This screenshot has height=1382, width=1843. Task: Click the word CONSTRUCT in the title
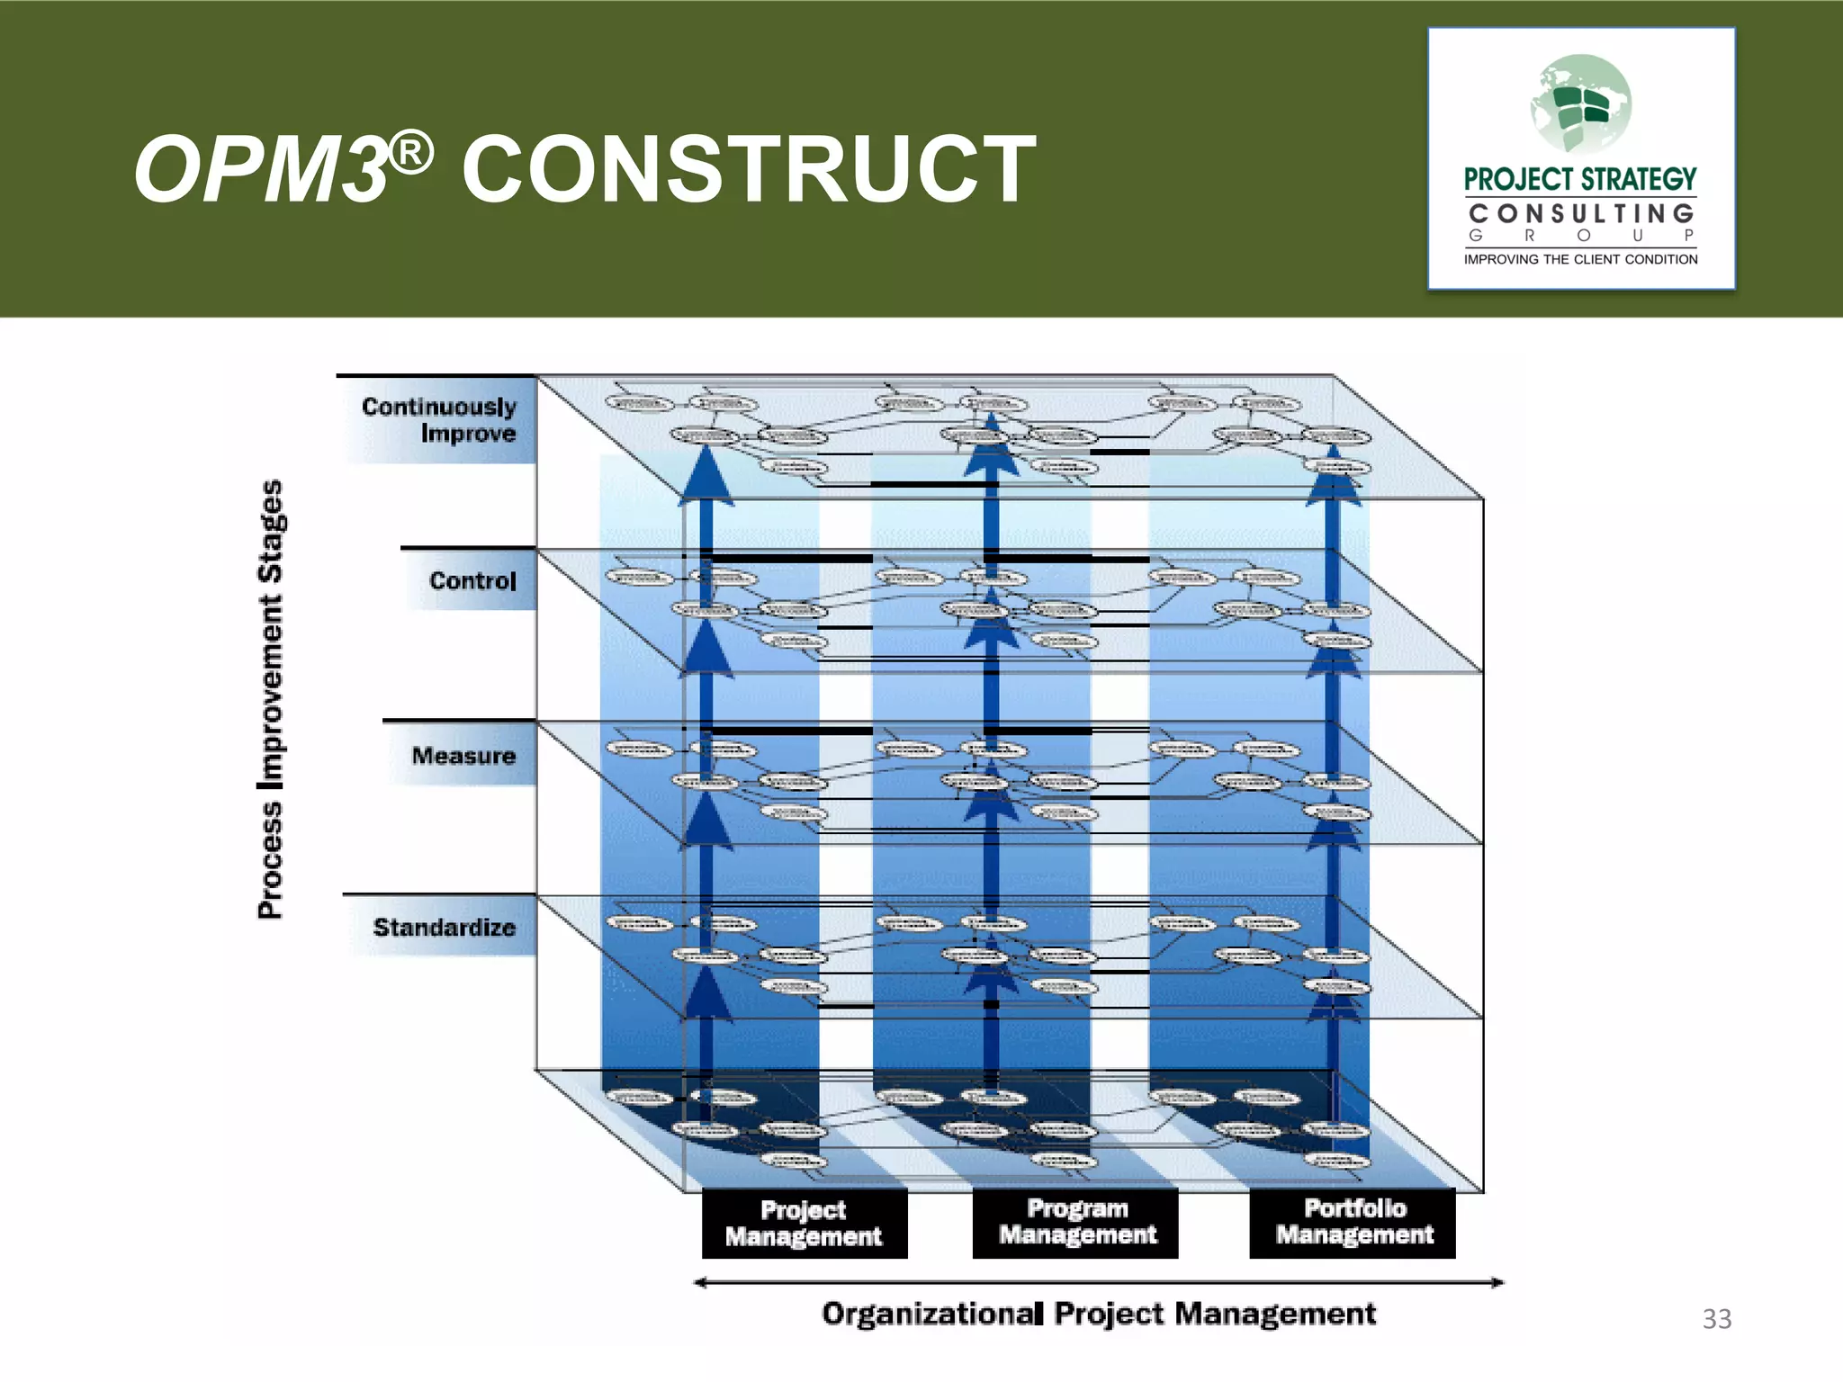(749, 169)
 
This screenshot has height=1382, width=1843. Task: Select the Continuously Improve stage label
(439, 420)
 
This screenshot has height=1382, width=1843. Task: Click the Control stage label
(472, 580)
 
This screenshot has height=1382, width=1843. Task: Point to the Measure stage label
(463, 756)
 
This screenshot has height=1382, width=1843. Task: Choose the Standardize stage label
(444, 928)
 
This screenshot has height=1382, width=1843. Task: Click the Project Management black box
(804, 1224)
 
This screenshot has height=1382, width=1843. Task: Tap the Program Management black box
(1076, 1222)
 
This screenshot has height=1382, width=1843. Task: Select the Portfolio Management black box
(1353, 1222)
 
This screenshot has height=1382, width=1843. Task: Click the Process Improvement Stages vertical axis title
(271, 699)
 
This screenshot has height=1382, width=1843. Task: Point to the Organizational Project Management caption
(1099, 1315)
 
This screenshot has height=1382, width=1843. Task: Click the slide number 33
(1716, 1319)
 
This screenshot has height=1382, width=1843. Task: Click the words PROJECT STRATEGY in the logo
(1580, 180)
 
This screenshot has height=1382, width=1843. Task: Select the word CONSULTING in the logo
(1580, 214)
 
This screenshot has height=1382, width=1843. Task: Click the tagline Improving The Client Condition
(1580, 259)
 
